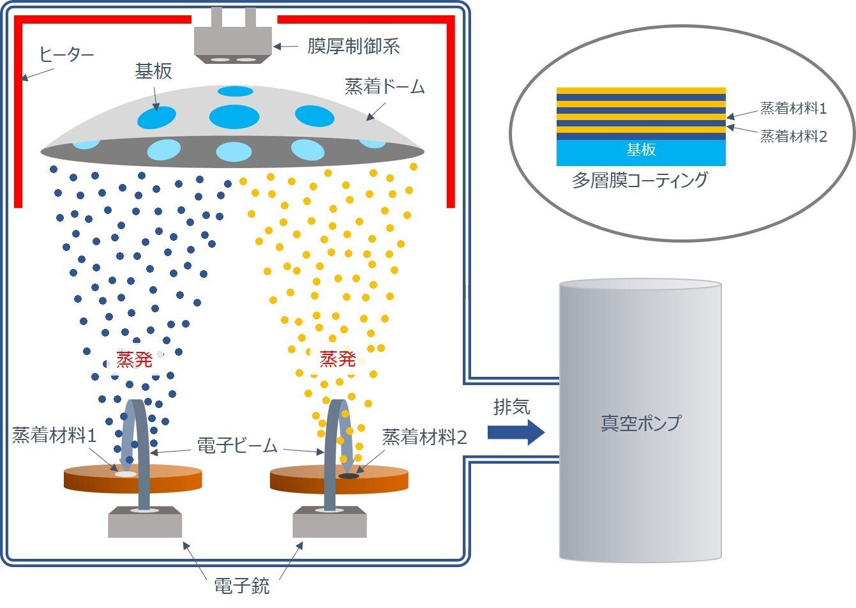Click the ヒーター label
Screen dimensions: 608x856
click(x=66, y=54)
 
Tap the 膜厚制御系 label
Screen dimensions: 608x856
click(x=354, y=46)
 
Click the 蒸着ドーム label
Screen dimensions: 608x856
click(x=385, y=86)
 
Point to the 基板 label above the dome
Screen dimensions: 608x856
click(x=153, y=71)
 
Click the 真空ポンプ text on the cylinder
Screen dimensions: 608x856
click(x=641, y=423)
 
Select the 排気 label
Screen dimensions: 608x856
click(x=511, y=407)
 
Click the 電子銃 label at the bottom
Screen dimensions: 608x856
click(x=242, y=586)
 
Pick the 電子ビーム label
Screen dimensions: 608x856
click(x=237, y=446)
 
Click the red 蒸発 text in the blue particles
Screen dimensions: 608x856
click(x=134, y=360)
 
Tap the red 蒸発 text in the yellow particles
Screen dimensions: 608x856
click(x=337, y=359)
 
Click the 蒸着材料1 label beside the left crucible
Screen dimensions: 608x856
click(x=55, y=436)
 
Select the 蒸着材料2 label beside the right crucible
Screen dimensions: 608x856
click(x=424, y=437)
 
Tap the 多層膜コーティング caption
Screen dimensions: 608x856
click(x=640, y=180)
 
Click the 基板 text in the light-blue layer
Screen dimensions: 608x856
click(x=641, y=150)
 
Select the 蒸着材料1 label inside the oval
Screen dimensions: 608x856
click(x=793, y=109)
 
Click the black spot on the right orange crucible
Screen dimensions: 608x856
click(x=349, y=476)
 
